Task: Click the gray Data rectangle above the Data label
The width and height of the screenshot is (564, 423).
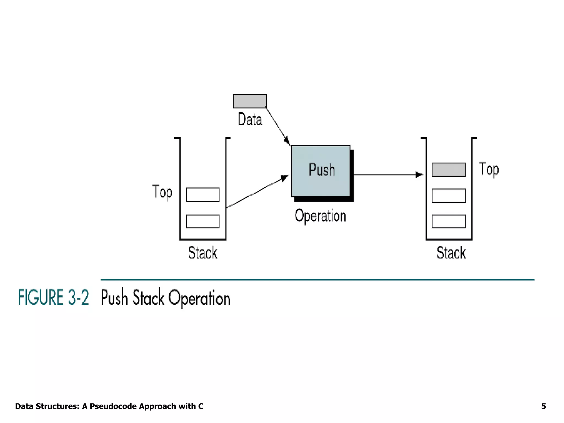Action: pyautogui.click(x=250, y=101)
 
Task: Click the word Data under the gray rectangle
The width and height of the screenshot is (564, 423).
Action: pyautogui.click(x=250, y=120)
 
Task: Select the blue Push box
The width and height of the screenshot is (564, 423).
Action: pyautogui.click(x=321, y=171)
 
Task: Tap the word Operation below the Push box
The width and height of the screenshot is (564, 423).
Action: pyautogui.click(x=320, y=216)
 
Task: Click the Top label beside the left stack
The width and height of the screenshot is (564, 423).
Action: pyautogui.click(x=162, y=192)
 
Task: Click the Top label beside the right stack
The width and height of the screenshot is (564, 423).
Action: pyautogui.click(x=489, y=169)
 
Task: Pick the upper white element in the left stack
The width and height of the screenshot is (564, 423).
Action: pyautogui.click(x=203, y=195)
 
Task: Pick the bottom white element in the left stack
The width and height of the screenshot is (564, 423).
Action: pyautogui.click(x=203, y=221)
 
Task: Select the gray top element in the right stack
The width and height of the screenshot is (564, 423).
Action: pyautogui.click(x=449, y=170)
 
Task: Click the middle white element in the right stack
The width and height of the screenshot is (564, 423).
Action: pyautogui.click(x=449, y=196)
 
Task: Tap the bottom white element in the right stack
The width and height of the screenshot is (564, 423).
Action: pyautogui.click(x=449, y=221)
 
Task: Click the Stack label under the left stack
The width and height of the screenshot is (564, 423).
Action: pyautogui.click(x=203, y=253)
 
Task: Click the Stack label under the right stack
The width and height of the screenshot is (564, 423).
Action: pyautogui.click(x=451, y=253)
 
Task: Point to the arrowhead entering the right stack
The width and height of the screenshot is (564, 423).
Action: pyautogui.click(x=419, y=175)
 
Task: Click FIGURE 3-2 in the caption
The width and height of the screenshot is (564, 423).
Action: pyautogui.click(x=53, y=297)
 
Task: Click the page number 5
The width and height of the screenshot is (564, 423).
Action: pyautogui.click(x=543, y=406)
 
